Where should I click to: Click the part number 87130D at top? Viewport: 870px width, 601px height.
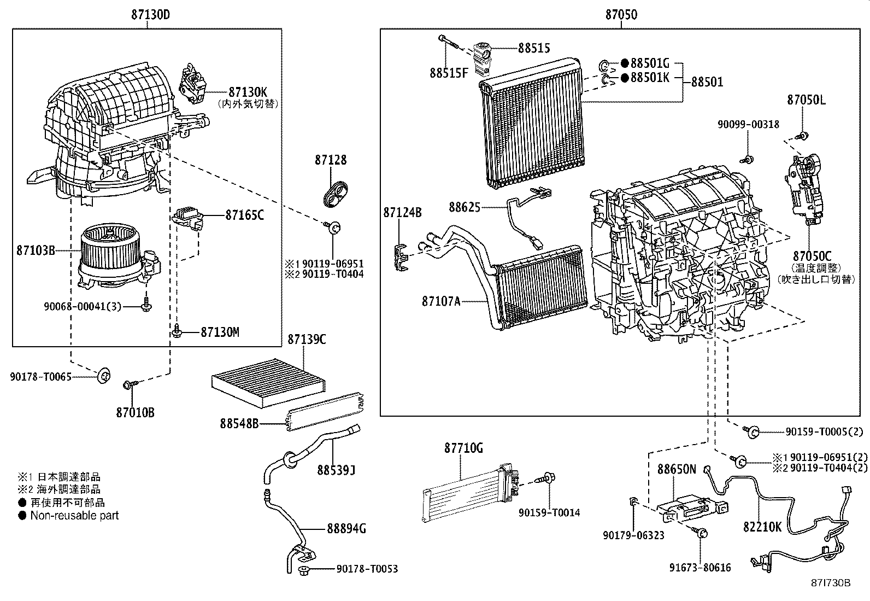pyautogui.click(x=150, y=15)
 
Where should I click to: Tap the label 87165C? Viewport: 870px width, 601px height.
pyautogui.click(x=244, y=215)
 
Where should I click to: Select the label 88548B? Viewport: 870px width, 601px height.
pyautogui.click(x=239, y=423)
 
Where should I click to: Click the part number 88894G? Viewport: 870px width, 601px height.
pyautogui.click(x=346, y=528)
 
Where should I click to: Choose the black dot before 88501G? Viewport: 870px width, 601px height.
pyautogui.click(x=624, y=63)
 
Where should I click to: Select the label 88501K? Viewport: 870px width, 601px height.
pyautogui.click(x=650, y=78)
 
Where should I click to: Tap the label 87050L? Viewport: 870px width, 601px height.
pyautogui.click(x=806, y=100)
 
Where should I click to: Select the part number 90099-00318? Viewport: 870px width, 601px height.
pyautogui.click(x=748, y=125)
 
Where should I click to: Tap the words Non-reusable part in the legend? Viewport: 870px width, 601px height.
pyautogui.click(x=74, y=515)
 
